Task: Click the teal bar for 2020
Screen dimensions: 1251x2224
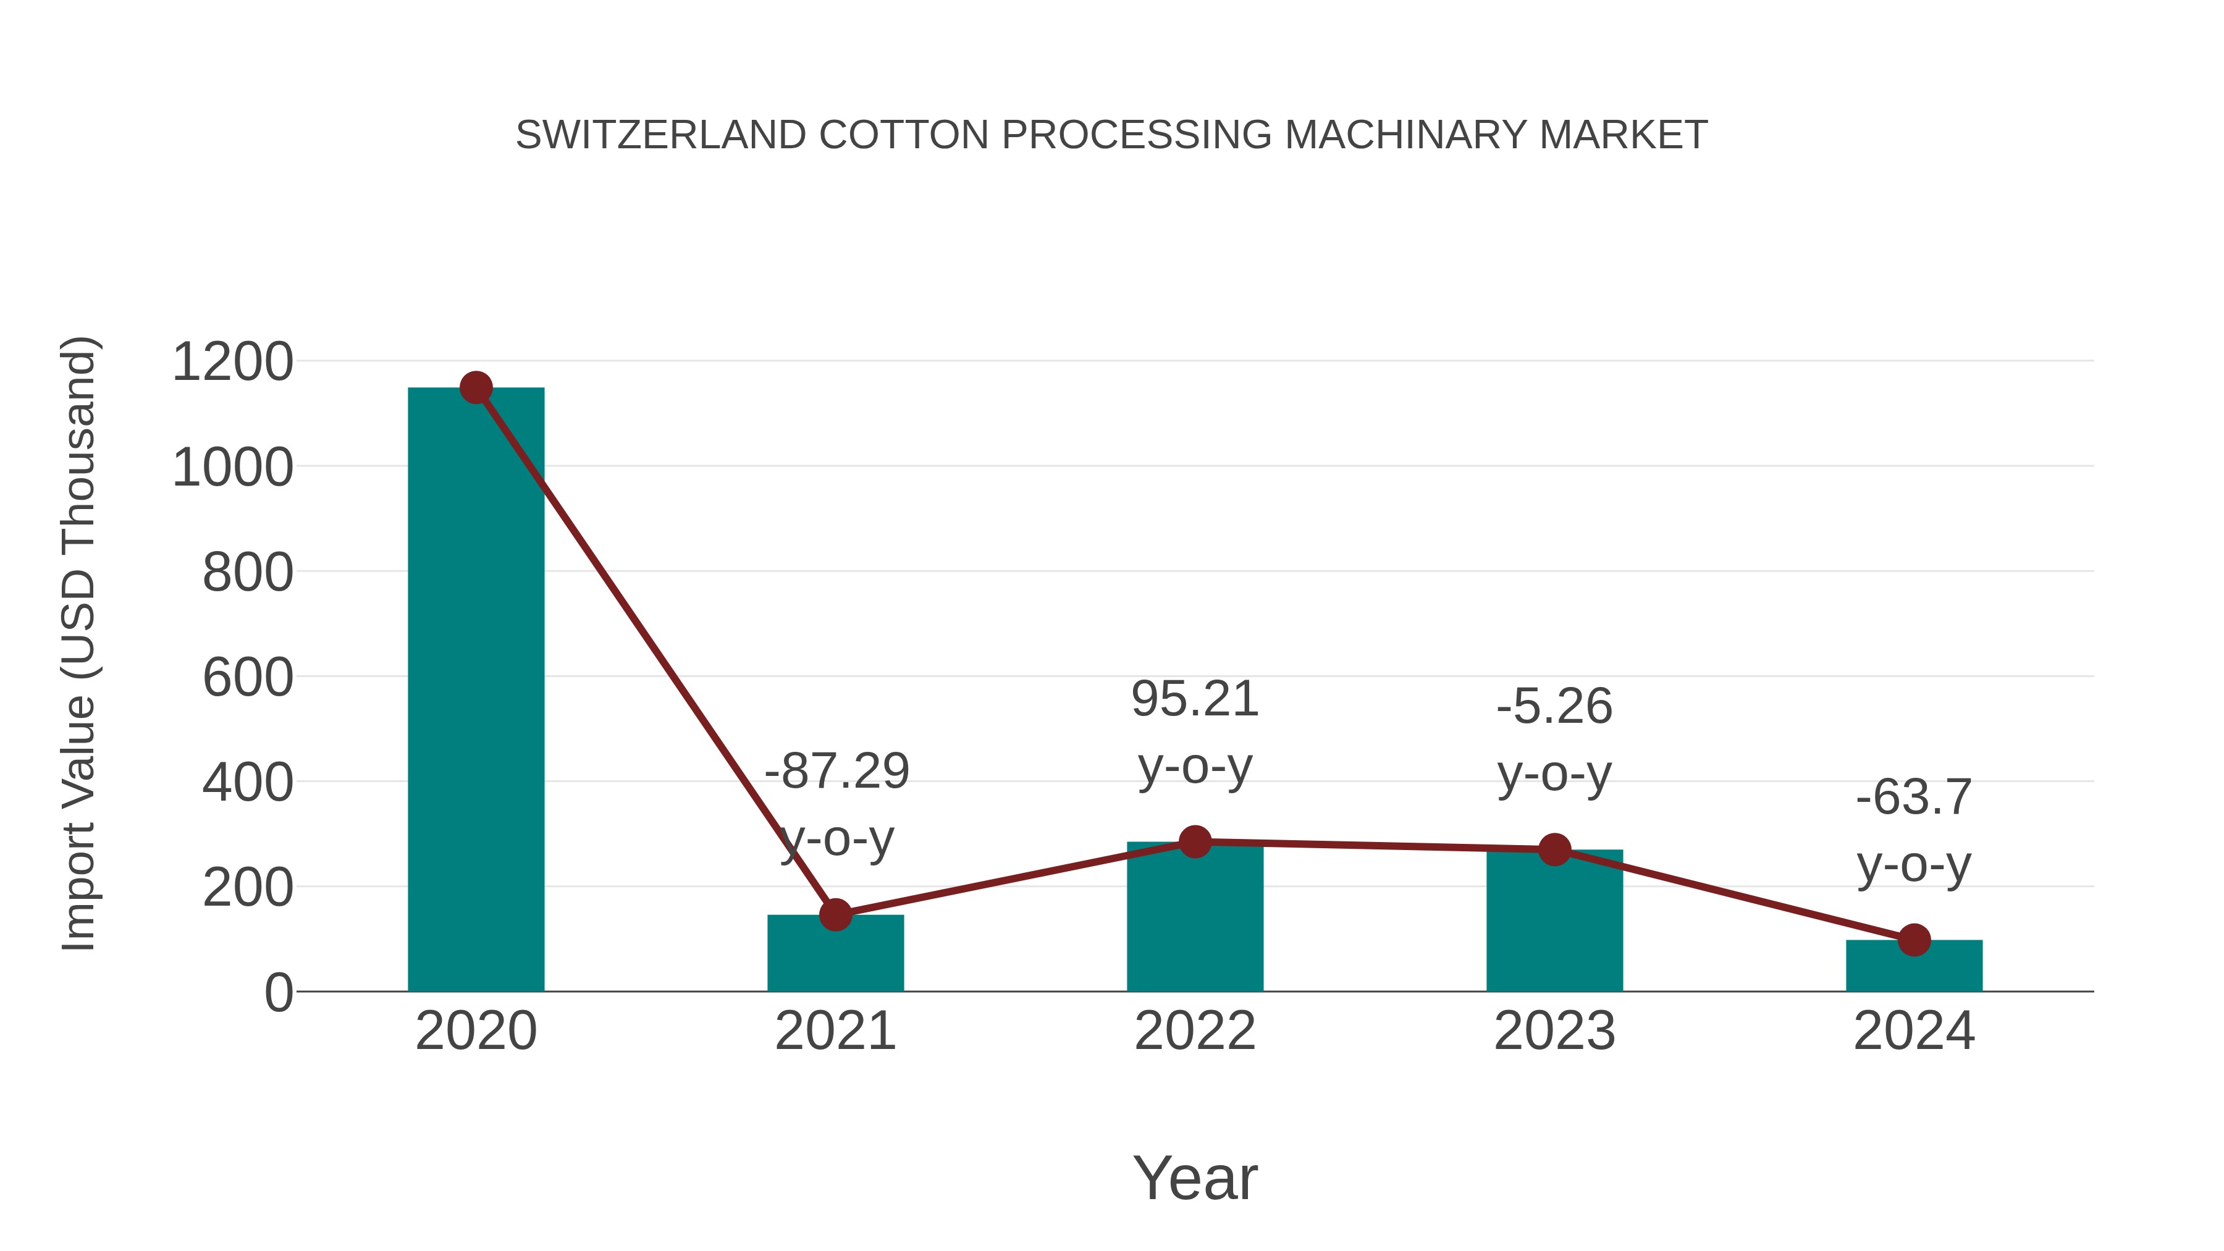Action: click(476, 691)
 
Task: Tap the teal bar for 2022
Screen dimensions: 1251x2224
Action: click(1195, 919)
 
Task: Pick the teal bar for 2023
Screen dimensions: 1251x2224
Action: click(1554, 924)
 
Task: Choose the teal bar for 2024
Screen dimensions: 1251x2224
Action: click(1914, 967)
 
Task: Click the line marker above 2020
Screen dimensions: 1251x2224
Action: click(476, 387)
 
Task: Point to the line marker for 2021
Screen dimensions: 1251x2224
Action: click(835, 914)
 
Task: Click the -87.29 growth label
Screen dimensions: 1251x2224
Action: click(836, 771)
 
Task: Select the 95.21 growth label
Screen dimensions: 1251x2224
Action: click(1195, 699)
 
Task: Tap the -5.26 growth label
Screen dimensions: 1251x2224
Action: click(1554, 706)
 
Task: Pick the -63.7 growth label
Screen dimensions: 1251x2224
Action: click(1914, 797)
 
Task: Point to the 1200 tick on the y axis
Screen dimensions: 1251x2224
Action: click(232, 362)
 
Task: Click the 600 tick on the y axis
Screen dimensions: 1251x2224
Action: click(248, 678)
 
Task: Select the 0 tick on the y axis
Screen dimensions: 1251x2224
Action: click(278, 993)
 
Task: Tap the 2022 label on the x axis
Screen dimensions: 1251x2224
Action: click(1195, 1031)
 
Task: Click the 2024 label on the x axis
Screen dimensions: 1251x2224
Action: click(1914, 1031)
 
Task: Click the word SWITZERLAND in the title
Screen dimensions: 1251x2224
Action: click(660, 135)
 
